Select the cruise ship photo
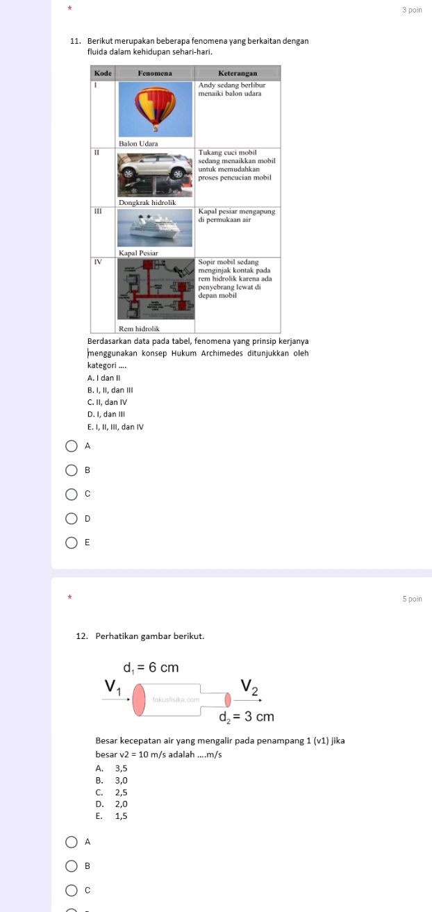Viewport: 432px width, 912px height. click(x=154, y=228)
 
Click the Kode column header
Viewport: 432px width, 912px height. click(x=103, y=72)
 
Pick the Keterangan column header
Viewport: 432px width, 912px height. click(x=238, y=72)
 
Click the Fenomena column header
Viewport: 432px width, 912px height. click(x=155, y=72)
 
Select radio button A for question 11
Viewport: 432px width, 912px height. click(x=72, y=447)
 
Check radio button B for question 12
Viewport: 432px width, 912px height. click(x=72, y=865)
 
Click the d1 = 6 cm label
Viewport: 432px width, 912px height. click(x=151, y=668)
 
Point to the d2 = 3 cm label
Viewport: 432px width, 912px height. click(x=247, y=716)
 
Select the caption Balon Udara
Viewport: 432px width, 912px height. click(x=138, y=143)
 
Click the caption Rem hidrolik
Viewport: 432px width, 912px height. click(x=139, y=327)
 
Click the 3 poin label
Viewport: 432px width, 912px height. click(x=412, y=10)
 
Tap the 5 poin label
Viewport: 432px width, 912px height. click(x=412, y=599)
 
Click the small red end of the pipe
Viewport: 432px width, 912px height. click(x=227, y=700)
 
